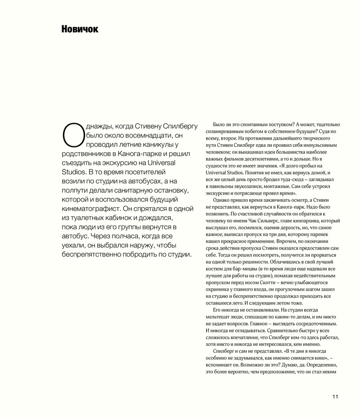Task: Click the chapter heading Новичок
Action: coord(80,29)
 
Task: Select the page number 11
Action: coord(335,397)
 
